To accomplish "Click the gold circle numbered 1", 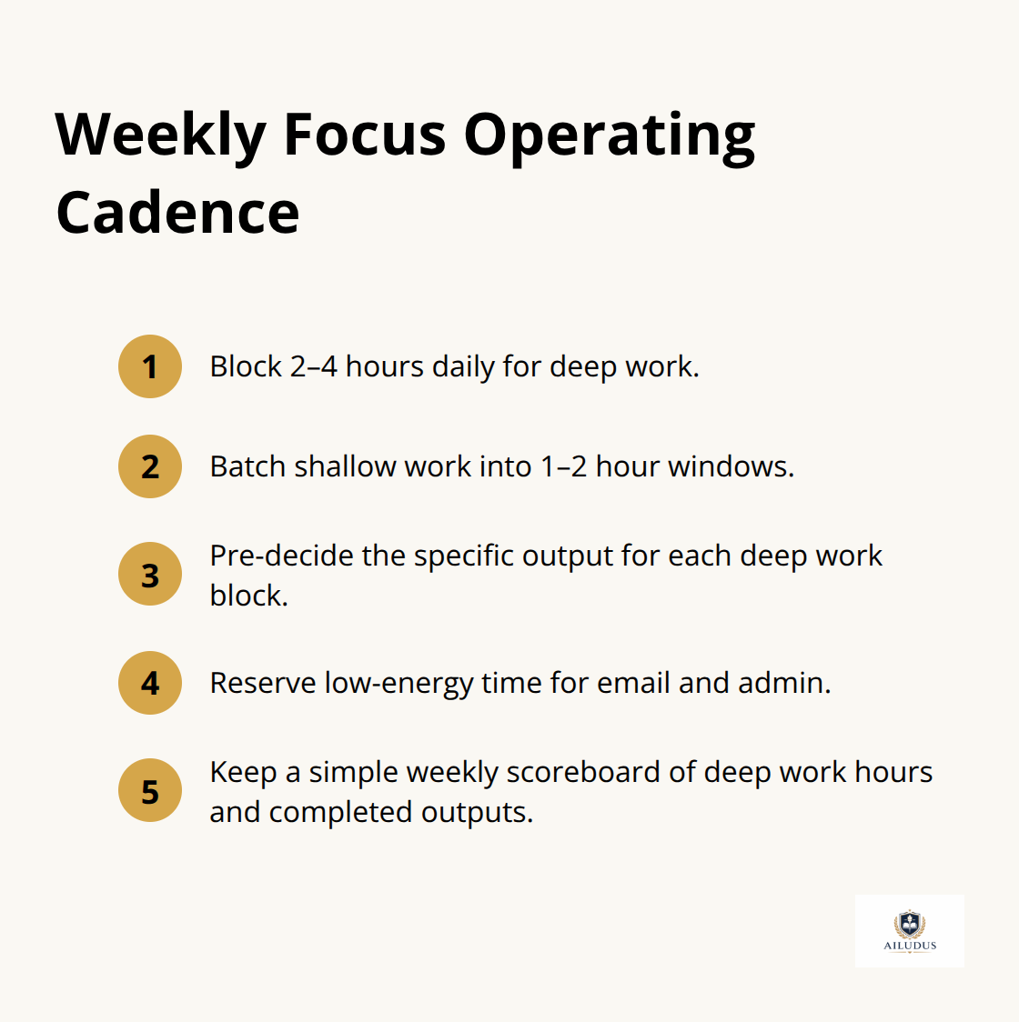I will (x=150, y=366).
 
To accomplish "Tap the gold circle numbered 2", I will (x=150, y=466).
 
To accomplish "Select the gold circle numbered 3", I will (x=150, y=575).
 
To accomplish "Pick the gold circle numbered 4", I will (x=150, y=683).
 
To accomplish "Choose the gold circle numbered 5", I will (x=150, y=791).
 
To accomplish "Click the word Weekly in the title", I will (x=160, y=135).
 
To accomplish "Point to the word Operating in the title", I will (x=610, y=135).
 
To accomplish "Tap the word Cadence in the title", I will (x=177, y=213).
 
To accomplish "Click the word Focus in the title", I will (x=365, y=135).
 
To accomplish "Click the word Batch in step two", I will (x=247, y=466).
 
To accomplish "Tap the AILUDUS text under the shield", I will (x=910, y=946).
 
